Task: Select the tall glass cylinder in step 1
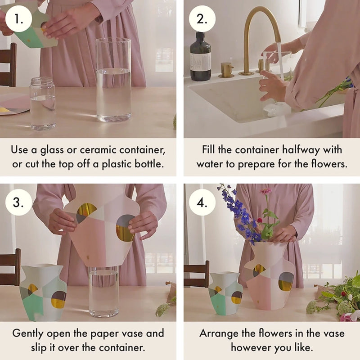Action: pyautogui.click(x=113, y=81)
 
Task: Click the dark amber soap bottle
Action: pyautogui.click(x=200, y=58)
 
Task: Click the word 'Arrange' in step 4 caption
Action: pyautogui.click(x=219, y=333)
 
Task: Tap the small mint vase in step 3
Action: pyautogui.click(x=43, y=292)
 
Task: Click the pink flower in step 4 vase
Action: pyautogui.click(x=266, y=191)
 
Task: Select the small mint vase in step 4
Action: pyautogui.click(x=225, y=293)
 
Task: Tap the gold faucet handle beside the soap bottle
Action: pyautogui.click(x=226, y=70)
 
